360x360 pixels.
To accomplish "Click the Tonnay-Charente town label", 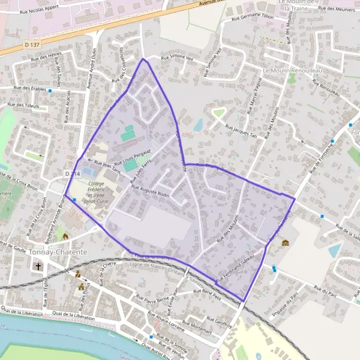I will (58, 252).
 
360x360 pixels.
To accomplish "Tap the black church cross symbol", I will (39, 266).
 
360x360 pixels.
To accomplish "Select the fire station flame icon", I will (65, 236).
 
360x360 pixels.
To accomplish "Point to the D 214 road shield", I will (72, 173).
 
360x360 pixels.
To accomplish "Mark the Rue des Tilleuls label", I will (23, 105).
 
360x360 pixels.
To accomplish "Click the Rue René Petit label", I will (208, 292).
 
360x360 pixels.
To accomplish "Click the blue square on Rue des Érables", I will (50, 91).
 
